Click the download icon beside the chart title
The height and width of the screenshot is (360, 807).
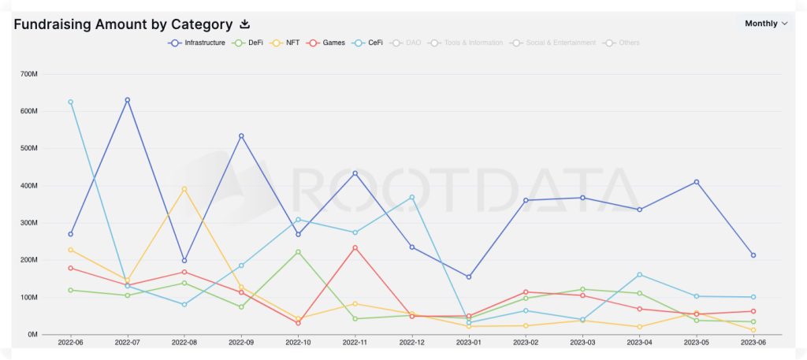(x=244, y=24)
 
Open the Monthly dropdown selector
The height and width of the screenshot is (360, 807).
(x=766, y=24)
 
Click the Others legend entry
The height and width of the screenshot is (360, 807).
(x=624, y=43)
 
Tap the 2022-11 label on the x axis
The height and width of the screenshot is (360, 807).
(x=355, y=343)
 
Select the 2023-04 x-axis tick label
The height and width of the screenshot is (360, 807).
(x=639, y=343)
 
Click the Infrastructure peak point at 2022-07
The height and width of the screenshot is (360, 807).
(x=127, y=100)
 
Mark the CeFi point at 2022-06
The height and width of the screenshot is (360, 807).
(x=70, y=102)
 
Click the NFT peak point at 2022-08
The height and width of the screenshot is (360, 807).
(x=184, y=189)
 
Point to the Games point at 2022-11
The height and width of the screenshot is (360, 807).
(x=355, y=247)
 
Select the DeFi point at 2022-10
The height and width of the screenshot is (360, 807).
(x=298, y=252)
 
